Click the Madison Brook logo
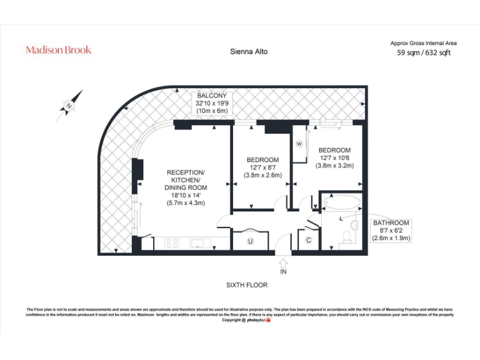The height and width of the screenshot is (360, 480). tap(58, 50)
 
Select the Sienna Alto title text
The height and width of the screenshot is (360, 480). tap(249, 52)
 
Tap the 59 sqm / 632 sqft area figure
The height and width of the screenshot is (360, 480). tap(423, 53)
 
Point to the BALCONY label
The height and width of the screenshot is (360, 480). tap(212, 96)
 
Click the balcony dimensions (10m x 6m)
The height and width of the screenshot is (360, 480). tap(212, 111)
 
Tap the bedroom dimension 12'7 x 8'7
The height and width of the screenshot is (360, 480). tap(262, 167)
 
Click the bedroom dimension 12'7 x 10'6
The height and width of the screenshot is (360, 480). tap(335, 158)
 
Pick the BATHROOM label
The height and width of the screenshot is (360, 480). tap(391, 222)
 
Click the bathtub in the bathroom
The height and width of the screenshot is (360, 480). tap(341, 202)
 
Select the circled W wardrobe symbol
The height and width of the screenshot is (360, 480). tap(299, 143)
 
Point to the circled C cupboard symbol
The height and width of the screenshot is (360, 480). tap(309, 241)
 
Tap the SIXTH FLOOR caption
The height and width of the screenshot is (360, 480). tap(246, 285)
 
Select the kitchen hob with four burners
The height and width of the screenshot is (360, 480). tap(172, 243)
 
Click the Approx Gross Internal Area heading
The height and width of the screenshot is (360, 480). tap(423, 43)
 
